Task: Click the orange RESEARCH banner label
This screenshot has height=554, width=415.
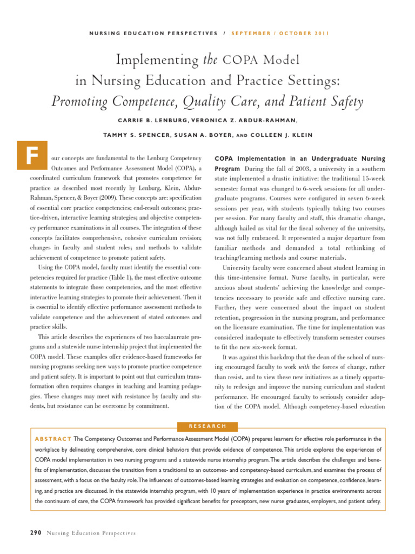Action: [x=207, y=426]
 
